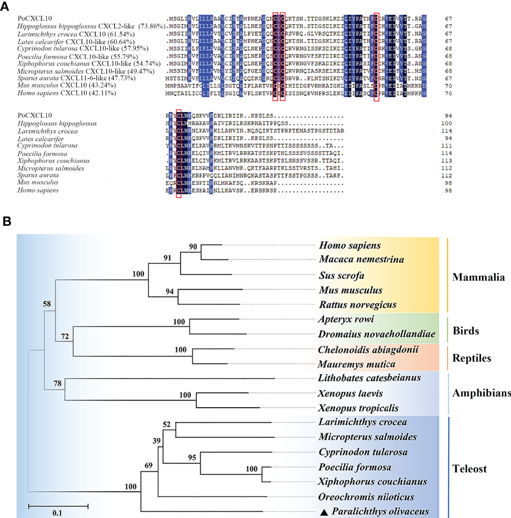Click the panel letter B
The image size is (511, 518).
7,221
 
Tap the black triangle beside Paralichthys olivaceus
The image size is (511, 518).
324,512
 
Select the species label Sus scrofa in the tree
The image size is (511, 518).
342,276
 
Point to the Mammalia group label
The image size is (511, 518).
478,278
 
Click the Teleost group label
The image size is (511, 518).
470,469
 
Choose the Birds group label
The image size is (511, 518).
466,331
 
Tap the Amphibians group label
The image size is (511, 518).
481,393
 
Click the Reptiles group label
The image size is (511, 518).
472,358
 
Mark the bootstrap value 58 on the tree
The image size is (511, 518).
47,304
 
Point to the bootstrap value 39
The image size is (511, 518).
157,441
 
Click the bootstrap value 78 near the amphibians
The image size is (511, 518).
58,383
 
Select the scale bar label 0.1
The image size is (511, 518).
57,513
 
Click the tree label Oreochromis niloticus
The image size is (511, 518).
366,497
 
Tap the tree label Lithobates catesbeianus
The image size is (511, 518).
369,378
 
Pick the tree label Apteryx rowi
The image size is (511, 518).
346,319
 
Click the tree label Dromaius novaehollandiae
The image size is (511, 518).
377,334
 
